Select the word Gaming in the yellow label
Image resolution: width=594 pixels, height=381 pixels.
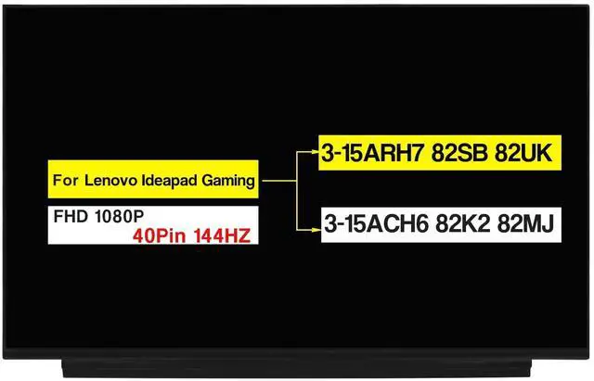pyautogui.click(x=227, y=182)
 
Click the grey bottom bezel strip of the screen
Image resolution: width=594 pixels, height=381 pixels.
pyautogui.click(x=297, y=364)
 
